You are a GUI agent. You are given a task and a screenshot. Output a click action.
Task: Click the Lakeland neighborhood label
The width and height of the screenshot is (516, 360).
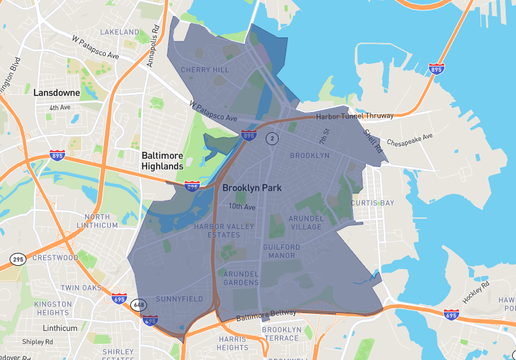(x=120, y=32)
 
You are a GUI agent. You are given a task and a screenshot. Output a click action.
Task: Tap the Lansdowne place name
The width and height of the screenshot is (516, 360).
(x=56, y=92)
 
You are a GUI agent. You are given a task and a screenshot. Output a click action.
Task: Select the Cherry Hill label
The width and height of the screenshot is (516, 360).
(x=204, y=70)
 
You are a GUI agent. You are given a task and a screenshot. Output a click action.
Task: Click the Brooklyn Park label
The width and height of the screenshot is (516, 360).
(x=251, y=187)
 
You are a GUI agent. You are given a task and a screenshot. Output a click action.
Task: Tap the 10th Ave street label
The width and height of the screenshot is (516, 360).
(x=242, y=207)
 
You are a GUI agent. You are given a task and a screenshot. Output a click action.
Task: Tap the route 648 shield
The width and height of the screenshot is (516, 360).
(x=136, y=305)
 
